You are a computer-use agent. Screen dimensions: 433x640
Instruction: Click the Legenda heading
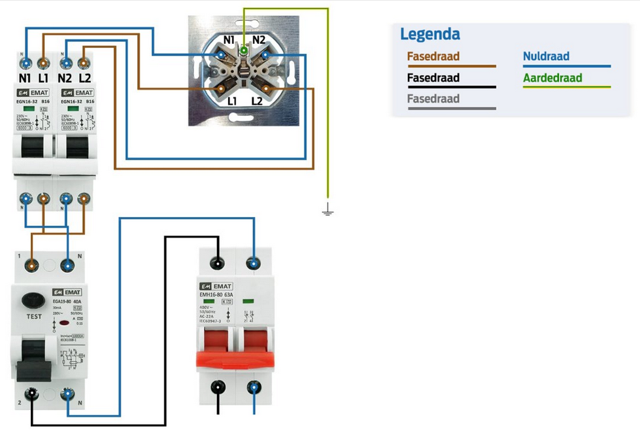(429, 34)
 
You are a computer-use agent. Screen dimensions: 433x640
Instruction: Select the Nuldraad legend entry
(546, 57)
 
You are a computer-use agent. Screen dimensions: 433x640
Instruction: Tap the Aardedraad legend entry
(552, 78)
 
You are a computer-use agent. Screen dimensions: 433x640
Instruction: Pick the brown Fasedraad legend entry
(433, 57)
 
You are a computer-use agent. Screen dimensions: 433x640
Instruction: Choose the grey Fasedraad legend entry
(433, 99)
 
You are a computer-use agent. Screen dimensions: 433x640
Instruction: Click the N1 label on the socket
(229, 41)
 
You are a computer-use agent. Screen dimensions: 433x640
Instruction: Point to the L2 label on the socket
(258, 101)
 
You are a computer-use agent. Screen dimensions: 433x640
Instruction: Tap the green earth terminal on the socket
(243, 50)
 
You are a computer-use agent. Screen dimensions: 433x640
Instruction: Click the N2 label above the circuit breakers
(64, 78)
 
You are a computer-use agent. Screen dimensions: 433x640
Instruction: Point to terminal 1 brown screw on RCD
(32, 265)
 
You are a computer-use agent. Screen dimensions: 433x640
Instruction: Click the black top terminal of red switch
(217, 264)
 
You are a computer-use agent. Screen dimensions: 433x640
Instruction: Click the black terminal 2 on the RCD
(31, 394)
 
